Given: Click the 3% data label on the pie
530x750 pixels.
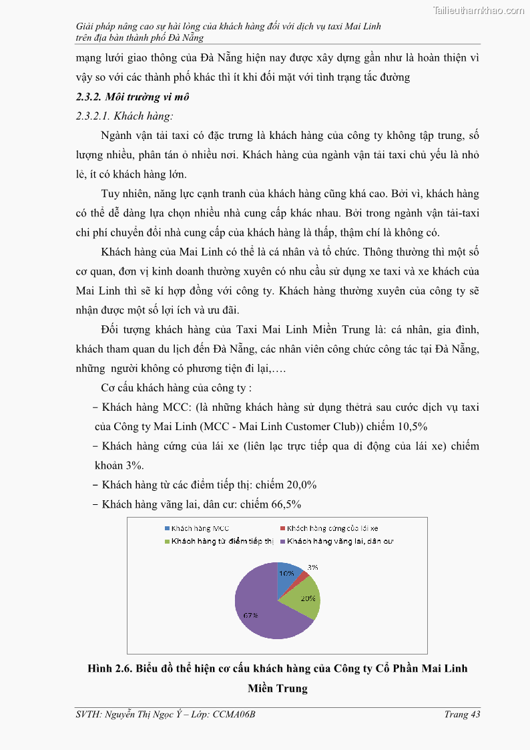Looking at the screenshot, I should (312, 567).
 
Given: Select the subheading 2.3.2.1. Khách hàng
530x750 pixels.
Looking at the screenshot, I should (125, 116).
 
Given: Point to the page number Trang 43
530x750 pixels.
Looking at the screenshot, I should (463, 715).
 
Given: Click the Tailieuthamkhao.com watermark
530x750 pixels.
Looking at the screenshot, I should (478, 10).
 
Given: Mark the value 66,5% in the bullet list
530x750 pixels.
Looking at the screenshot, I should (291, 504).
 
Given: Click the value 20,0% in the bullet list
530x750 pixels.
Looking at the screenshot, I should (297, 485).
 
